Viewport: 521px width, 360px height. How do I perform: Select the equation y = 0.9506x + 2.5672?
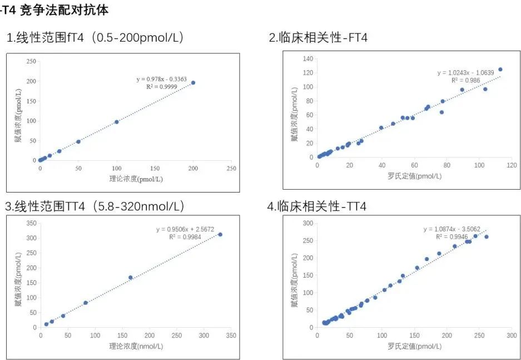pyautogui.click(x=185, y=229)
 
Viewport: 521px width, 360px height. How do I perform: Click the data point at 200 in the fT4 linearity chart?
pyautogui.click(x=193, y=82)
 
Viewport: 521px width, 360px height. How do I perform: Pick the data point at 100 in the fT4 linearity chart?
pyautogui.click(x=117, y=122)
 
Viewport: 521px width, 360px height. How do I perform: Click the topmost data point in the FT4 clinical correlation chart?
pyautogui.click(x=500, y=70)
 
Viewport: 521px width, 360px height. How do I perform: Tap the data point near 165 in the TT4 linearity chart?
pyautogui.click(x=131, y=278)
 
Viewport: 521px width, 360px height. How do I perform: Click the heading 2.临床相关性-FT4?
pyautogui.click(x=318, y=38)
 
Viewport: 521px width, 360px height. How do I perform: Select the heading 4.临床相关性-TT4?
pyautogui.click(x=316, y=206)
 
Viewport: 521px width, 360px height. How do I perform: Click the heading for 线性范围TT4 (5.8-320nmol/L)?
pyautogui.click(x=95, y=206)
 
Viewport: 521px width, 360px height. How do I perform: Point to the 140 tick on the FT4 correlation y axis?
pyautogui.click(x=307, y=58)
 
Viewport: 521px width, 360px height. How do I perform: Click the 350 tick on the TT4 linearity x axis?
pyautogui.click(x=232, y=336)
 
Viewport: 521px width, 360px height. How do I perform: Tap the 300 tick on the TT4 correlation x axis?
pyautogui.click(x=511, y=336)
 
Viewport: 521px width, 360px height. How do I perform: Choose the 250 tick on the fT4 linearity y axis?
pyautogui.click(x=31, y=62)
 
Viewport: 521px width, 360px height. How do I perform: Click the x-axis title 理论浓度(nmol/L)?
pyautogui.click(x=136, y=347)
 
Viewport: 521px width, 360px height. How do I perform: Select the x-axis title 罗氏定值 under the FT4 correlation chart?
pyautogui.click(x=414, y=176)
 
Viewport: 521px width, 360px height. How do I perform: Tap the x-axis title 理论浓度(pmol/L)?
pyautogui.click(x=136, y=179)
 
